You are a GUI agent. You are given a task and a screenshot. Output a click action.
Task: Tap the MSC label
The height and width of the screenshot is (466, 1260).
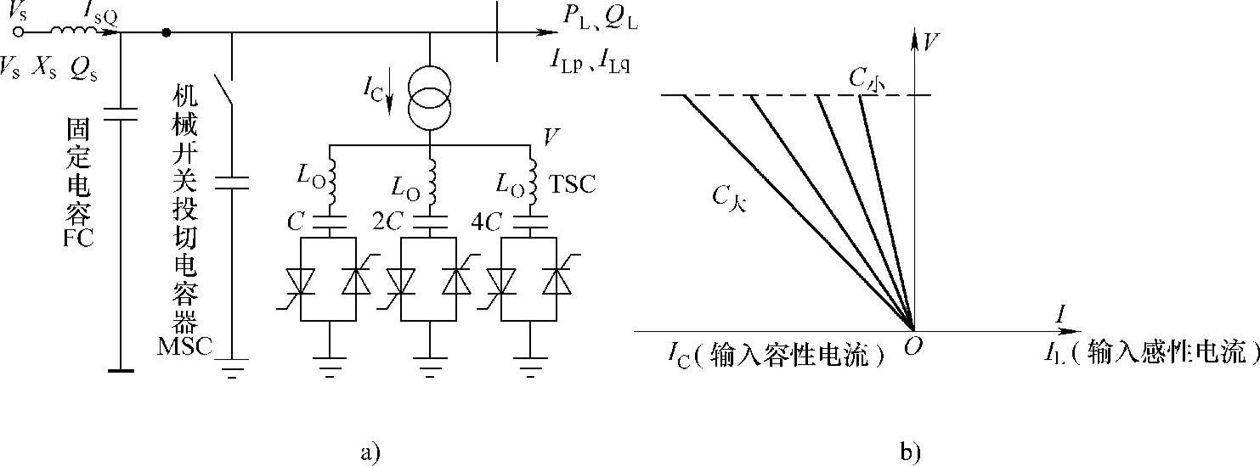[x=184, y=347]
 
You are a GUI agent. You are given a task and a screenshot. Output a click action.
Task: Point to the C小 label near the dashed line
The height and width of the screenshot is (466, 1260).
[x=869, y=80]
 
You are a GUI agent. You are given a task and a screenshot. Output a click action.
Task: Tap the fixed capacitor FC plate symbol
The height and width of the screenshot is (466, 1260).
[x=121, y=115]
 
